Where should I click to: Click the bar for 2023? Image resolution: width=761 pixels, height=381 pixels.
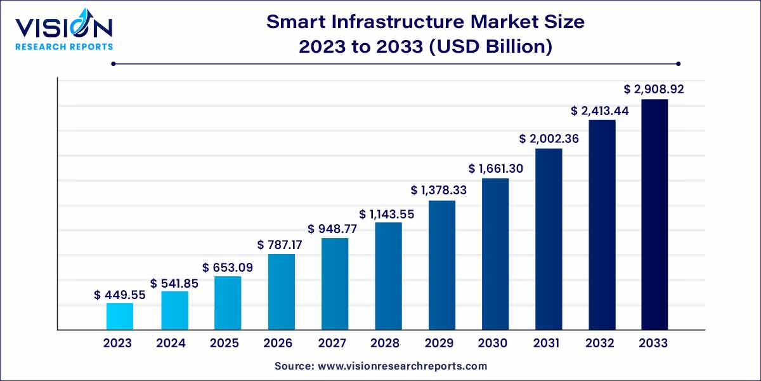point(119,316)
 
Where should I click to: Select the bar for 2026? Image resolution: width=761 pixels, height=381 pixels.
point(281,291)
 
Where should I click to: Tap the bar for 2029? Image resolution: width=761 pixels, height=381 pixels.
point(441,265)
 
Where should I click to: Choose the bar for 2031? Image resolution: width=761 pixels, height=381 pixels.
point(549,239)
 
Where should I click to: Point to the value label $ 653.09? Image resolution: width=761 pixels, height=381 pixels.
point(228,268)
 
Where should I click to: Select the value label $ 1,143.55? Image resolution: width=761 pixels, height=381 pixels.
point(387,214)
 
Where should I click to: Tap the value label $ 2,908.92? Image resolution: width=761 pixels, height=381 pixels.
point(654,90)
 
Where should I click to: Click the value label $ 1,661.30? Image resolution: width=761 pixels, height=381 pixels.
point(495,169)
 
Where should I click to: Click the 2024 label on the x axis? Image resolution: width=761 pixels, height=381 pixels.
point(171,344)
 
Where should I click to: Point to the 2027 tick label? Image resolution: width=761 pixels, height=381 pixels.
point(332,344)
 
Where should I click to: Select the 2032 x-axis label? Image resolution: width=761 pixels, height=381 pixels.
point(600,344)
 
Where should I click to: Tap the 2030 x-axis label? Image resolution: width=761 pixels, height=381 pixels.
point(493,344)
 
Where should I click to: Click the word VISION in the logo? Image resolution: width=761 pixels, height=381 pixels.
point(63,27)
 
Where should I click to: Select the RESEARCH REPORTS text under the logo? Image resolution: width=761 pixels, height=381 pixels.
point(64,46)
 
